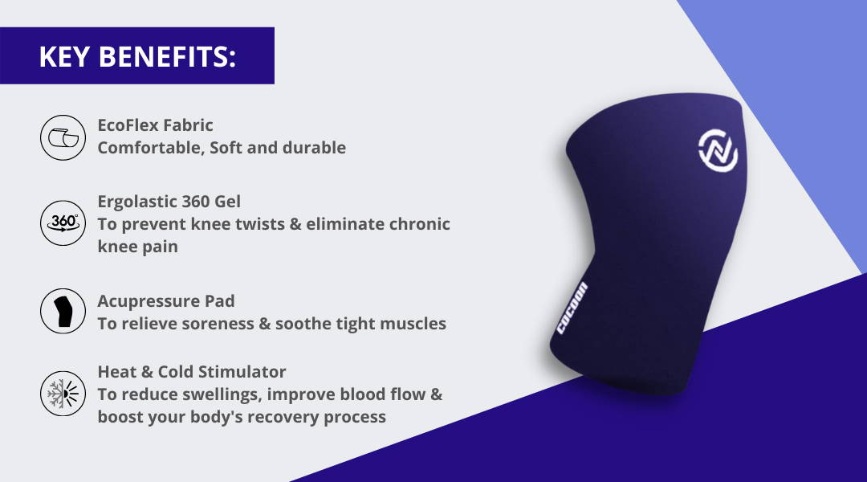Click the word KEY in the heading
(x=64, y=56)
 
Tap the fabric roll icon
(x=63, y=138)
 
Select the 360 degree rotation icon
(x=63, y=223)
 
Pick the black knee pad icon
(x=63, y=311)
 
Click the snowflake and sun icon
(x=63, y=394)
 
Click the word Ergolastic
(x=137, y=202)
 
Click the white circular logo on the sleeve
(x=718, y=150)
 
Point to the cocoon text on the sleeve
(x=572, y=308)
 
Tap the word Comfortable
(x=151, y=148)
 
